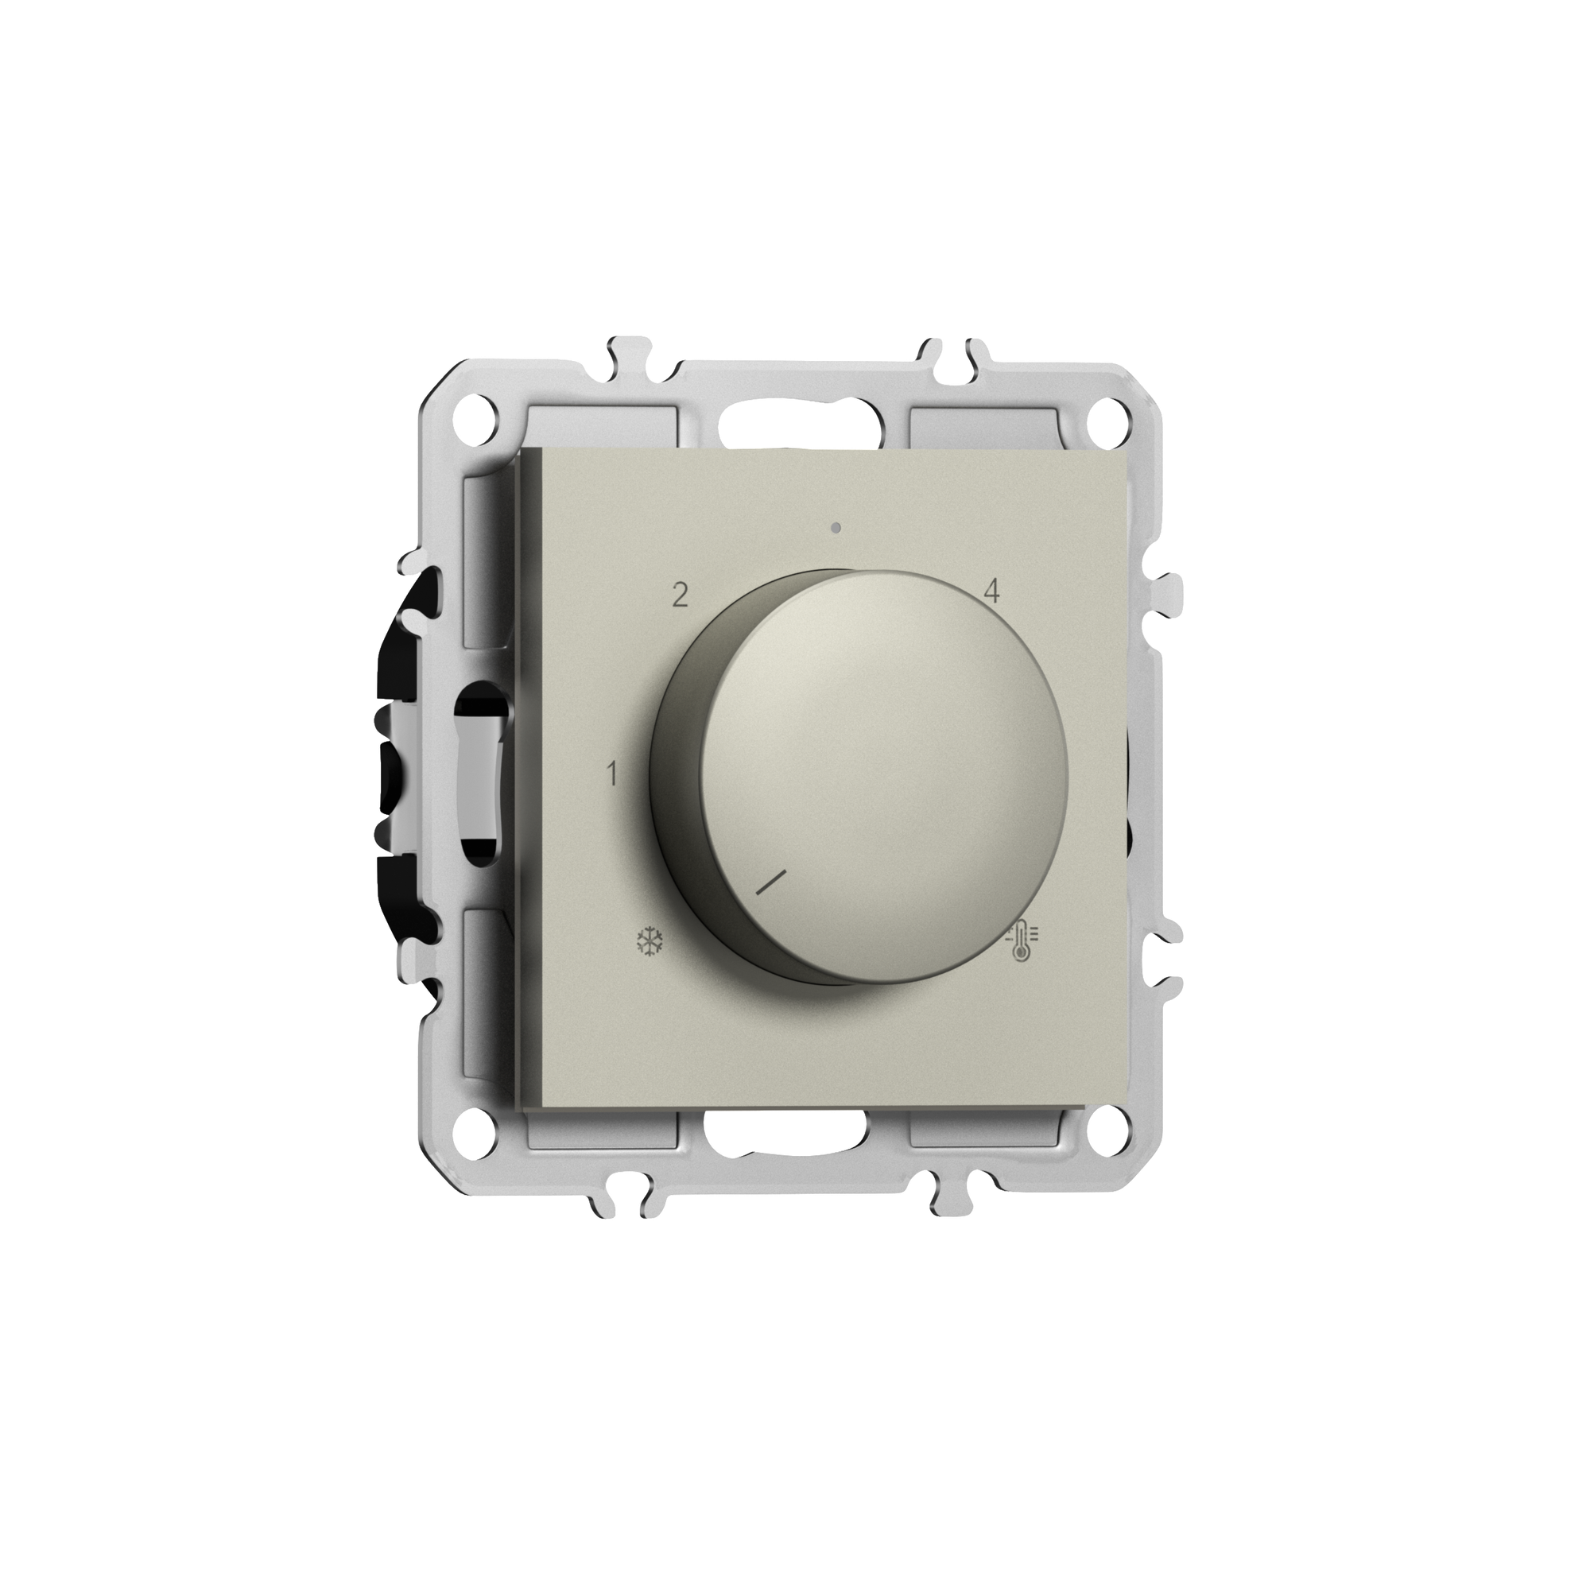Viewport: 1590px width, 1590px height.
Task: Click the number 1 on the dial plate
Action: click(x=611, y=774)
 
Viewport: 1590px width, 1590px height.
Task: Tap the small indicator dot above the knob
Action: click(x=836, y=528)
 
